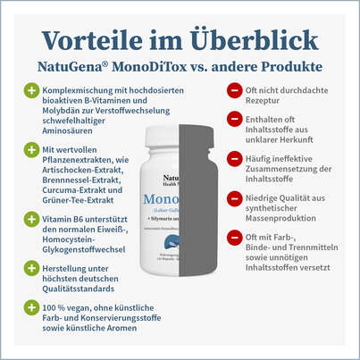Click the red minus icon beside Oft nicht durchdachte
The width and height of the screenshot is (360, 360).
(x=234, y=90)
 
